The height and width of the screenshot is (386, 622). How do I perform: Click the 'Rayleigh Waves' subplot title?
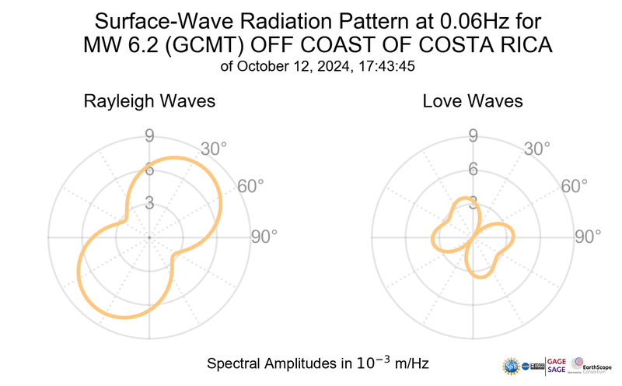point(149,102)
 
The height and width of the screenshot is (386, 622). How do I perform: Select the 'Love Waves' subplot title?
point(472,102)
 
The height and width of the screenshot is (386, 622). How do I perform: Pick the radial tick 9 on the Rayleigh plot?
point(149,137)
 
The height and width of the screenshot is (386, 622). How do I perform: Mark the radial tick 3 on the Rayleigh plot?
point(149,203)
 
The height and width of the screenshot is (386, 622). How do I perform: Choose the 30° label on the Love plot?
point(537,149)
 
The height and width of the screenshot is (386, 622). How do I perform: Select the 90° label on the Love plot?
point(587,237)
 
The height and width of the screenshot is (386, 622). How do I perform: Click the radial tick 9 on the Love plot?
point(472,137)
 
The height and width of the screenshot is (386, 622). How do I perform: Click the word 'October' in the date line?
point(269,67)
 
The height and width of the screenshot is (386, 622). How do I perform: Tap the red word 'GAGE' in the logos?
point(557,360)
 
